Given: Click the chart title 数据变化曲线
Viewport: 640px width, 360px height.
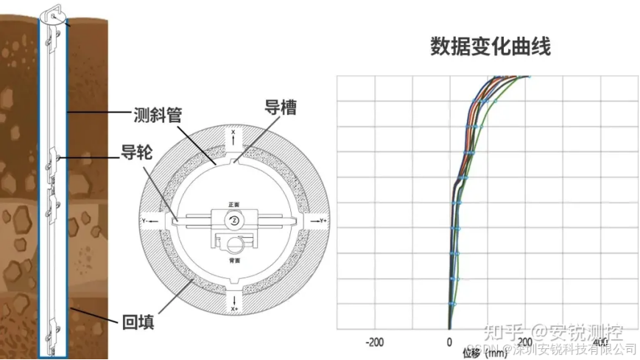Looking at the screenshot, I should coord(490,47).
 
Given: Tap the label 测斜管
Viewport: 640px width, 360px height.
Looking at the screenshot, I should coord(158,114).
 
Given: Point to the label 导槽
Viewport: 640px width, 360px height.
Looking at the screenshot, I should coord(281,107).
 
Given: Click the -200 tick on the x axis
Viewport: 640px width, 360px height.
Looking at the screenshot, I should coord(375,342).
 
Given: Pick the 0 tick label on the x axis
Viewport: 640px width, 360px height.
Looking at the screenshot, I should coord(449,342).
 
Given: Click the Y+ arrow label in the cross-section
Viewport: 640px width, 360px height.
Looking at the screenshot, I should coord(321,220).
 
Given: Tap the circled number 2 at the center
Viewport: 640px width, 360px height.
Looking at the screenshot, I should coord(233,220).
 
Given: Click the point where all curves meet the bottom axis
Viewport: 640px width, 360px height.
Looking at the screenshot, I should coord(449,329).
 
